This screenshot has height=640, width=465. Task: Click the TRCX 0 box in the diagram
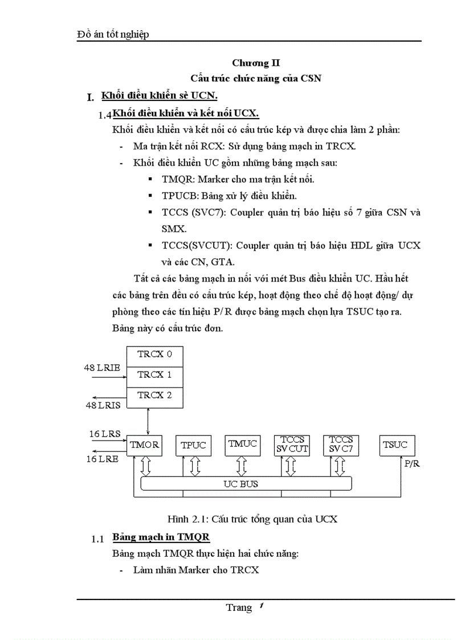point(154,354)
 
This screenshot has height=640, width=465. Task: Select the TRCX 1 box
point(154,375)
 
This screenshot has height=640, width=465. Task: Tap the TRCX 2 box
point(154,396)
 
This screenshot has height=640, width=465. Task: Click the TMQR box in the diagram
point(144,445)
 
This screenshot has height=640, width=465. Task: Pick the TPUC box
point(193,445)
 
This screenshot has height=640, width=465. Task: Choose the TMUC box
point(242,444)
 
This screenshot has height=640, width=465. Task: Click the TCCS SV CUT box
point(292,445)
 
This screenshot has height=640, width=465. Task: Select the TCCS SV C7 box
point(341,445)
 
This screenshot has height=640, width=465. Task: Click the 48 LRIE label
point(103,368)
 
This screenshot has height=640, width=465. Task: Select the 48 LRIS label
point(103,405)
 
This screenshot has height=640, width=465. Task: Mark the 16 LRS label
point(105,434)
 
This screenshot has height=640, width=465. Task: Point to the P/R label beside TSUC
point(411,464)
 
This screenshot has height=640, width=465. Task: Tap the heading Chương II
point(256,63)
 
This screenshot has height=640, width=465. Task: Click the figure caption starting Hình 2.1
point(252,519)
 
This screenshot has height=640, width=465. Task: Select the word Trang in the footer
point(238,608)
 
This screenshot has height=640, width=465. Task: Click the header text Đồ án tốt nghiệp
point(113,35)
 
